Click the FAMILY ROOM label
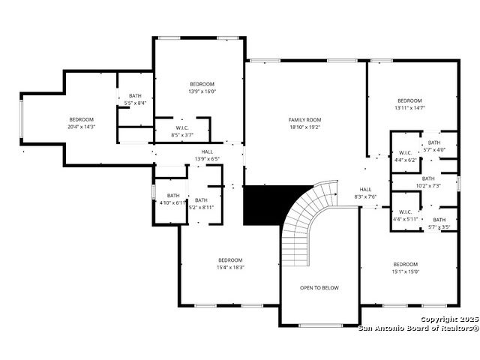pyautogui.click(x=304, y=120)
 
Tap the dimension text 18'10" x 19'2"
pyautogui.click(x=304, y=127)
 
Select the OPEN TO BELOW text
pyautogui.click(x=319, y=288)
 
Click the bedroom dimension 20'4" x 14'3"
pyautogui.click(x=82, y=127)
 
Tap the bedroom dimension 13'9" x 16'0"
pyautogui.click(x=202, y=91)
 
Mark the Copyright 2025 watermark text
pyautogui.click(x=450, y=319)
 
